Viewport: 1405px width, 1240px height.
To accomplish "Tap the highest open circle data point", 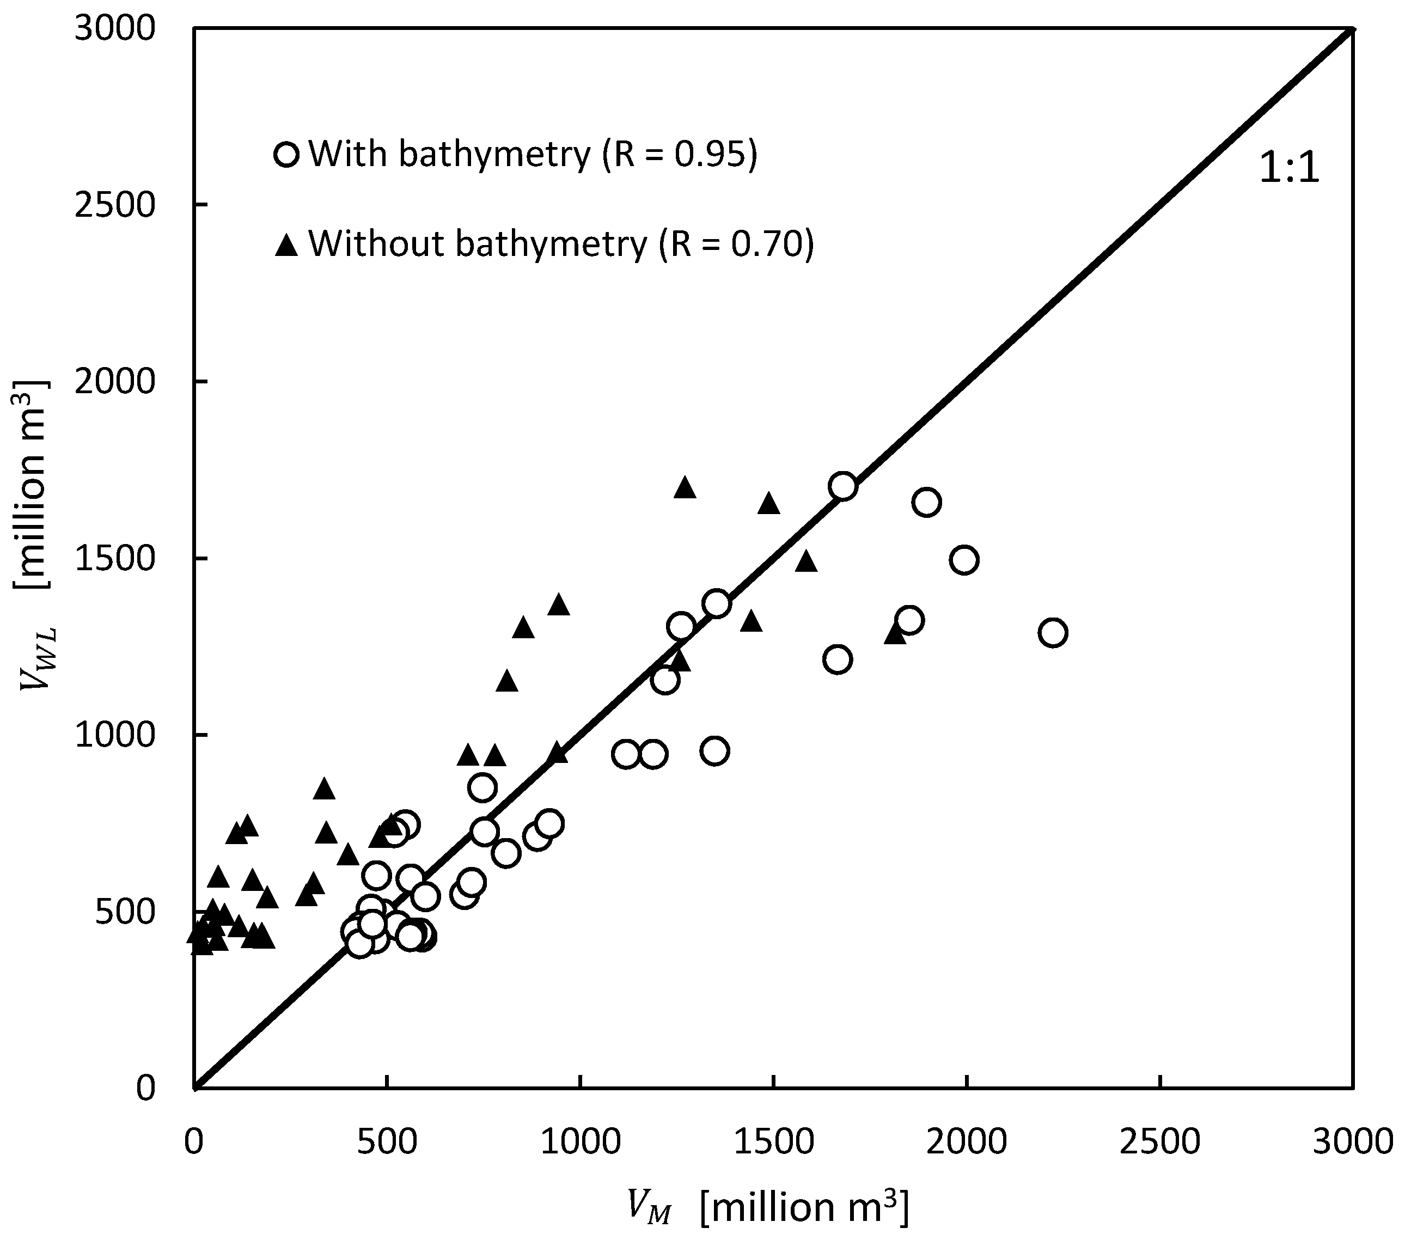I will [x=842, y=486].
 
